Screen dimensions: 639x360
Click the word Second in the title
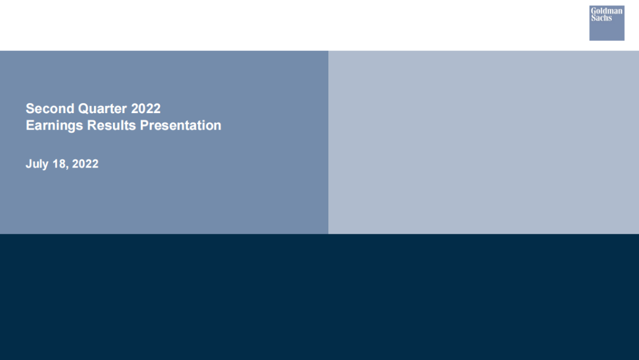tap(50, 108)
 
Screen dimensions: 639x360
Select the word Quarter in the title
tap(102, 109)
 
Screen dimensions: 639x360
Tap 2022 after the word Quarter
tap(146, 108)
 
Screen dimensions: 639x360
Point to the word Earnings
tap(54, 126)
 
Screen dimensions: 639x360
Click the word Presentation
tap(180, 125)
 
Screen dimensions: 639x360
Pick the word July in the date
tap(37, 164)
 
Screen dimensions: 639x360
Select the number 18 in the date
tap(59, 164)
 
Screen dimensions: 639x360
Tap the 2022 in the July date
tap(85, 164)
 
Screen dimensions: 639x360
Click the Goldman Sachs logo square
tap(607, 23)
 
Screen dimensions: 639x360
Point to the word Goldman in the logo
tap(607, 11)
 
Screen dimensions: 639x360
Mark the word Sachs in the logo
tap(602, 18)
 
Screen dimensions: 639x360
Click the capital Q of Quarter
tap(83, 109)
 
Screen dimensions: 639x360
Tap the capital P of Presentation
tap(144, 125)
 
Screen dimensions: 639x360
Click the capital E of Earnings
tap(30, 125)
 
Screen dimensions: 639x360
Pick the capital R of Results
tap(92, 125)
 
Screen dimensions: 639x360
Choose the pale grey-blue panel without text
tap(484, 142)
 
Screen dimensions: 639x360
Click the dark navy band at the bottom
tap(319, 297)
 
